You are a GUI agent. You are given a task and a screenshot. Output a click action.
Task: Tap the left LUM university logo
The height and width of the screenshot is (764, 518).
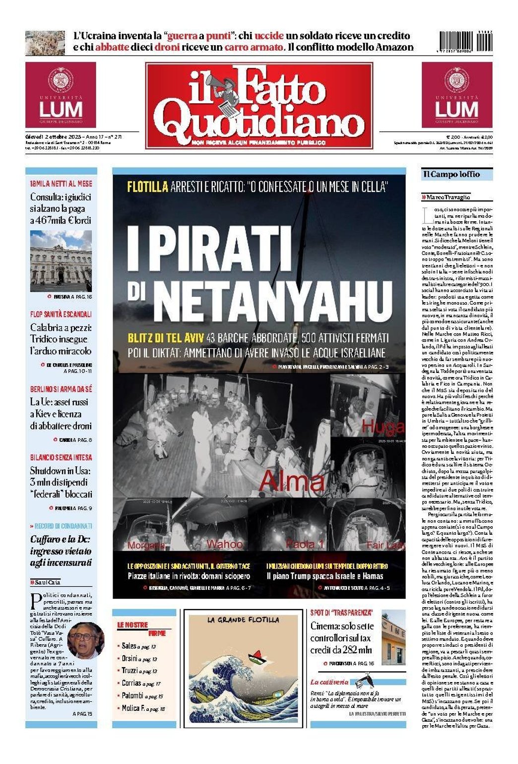(61, 95)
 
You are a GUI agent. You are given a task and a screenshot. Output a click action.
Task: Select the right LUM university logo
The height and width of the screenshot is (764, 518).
(456, 95)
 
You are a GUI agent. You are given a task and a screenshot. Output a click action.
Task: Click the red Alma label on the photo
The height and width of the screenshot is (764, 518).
(292, 481)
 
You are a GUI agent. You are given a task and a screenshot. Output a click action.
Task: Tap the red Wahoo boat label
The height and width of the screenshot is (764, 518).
(224, 544)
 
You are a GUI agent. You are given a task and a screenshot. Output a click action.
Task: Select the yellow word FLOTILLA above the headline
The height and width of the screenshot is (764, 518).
(147, 187)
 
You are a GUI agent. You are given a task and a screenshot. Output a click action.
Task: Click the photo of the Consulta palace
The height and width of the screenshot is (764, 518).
(61, 261)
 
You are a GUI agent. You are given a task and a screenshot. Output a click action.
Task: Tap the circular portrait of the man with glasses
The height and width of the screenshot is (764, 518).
(86, 640)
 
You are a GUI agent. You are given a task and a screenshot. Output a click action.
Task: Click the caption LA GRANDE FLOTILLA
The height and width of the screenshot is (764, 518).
(243, 620)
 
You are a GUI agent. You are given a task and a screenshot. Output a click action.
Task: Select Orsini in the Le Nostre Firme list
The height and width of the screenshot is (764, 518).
(129, 658)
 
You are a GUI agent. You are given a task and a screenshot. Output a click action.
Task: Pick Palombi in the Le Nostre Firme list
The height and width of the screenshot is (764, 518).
(132, 695)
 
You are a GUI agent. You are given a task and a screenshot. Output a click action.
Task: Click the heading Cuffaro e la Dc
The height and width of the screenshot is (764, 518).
(61, 539)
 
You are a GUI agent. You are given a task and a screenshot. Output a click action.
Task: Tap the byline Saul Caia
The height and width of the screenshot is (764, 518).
(47, 582)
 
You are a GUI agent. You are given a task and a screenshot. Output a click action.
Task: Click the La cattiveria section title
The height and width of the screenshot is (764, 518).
(329, 682)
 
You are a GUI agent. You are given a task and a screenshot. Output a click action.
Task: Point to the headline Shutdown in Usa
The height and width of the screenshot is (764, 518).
(61, 470)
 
